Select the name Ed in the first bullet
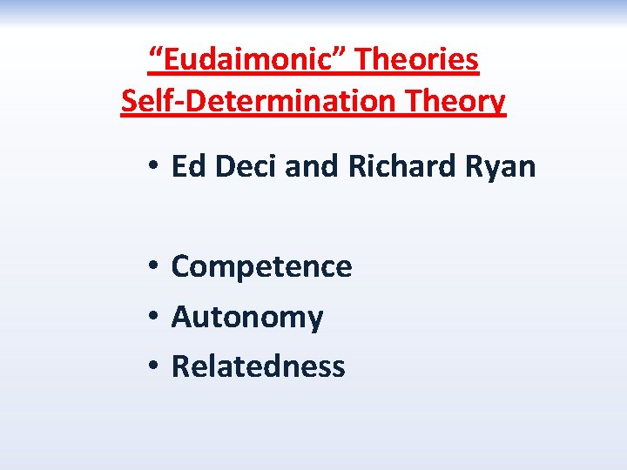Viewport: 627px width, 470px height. pos(186,165)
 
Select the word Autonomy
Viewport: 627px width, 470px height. pos(247,318)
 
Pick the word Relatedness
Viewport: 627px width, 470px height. pos(258,366)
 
